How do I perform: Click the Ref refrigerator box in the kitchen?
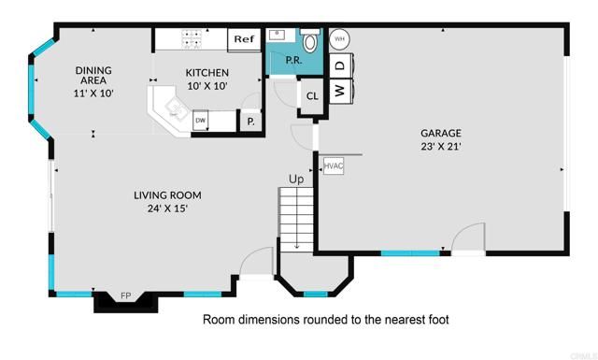tap(244, 39)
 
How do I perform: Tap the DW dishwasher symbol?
tap(200, 120)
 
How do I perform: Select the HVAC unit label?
tap(334, 166)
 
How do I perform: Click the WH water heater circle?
tap(340, 39)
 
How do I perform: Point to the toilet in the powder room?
tap(311, 42)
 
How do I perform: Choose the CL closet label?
tap(312, 95)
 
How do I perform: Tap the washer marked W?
tap(340, 91)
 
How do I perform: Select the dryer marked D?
tap(340, 65)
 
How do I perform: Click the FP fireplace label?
tap(125, 297)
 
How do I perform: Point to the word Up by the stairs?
tap(296, 179)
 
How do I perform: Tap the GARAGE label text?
tap(440, 133)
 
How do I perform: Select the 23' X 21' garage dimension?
tap(440, 146)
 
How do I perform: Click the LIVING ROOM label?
tap(167, 195)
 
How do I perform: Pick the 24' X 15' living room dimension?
tap(167, 209)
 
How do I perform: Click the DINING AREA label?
tap(93, 76)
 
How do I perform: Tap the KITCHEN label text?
tap(206, 73)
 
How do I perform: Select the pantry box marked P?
tap(250, 122)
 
